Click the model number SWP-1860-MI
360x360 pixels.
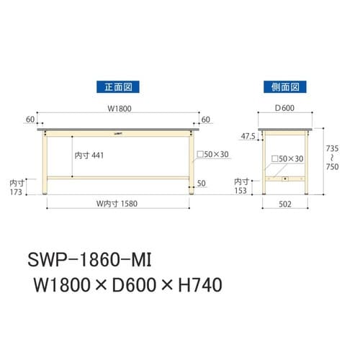(91, 258)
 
